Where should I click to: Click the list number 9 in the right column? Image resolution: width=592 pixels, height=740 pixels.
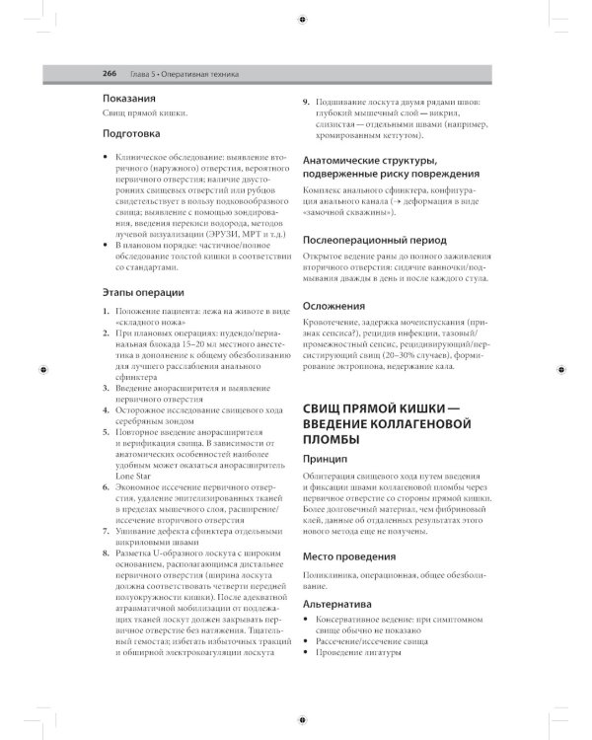coord(306,102)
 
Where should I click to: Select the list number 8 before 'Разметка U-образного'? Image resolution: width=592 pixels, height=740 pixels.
coord(106,554)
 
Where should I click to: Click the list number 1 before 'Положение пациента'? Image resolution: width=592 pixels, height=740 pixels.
coord(106,312)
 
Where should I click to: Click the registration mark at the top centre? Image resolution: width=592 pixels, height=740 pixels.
coord(300,19)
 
